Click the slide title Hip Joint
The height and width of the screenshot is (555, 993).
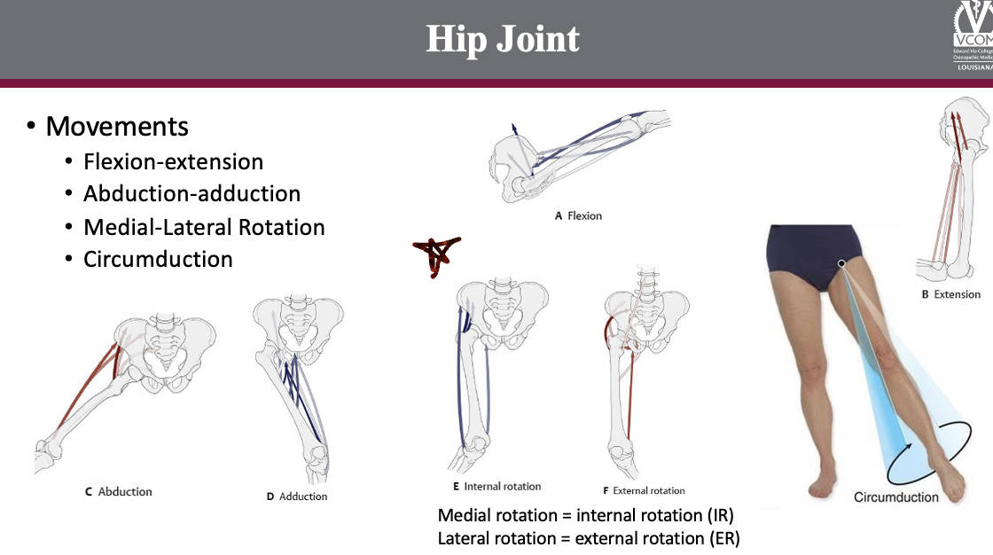503,39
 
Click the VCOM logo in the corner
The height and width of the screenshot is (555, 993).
973,35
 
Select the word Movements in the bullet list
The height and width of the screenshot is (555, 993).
117,127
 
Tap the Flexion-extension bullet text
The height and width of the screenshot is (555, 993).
173,162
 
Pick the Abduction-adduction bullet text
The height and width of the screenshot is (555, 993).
192,194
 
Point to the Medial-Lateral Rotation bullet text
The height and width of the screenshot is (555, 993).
204,228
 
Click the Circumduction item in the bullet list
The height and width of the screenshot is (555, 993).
158,260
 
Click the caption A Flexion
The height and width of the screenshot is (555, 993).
578,215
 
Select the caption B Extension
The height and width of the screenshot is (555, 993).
950,294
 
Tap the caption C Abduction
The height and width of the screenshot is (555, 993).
119,492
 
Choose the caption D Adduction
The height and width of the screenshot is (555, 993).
297,496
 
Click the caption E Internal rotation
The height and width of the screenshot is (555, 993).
496,487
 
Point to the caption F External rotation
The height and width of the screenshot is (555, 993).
644,490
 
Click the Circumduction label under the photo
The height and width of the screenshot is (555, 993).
895,497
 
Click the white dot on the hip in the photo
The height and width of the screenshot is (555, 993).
841,263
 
